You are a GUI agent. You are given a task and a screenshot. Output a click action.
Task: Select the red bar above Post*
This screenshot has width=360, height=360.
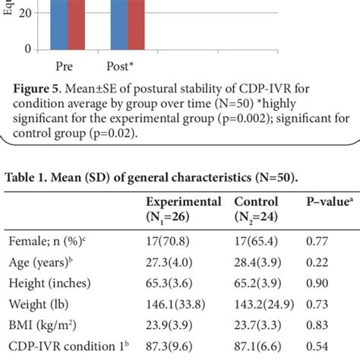[135, 23]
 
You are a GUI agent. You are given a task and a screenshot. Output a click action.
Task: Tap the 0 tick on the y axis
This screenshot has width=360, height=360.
[27, 49]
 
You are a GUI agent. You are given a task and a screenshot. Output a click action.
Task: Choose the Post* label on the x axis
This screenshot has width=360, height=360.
[125, 65]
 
